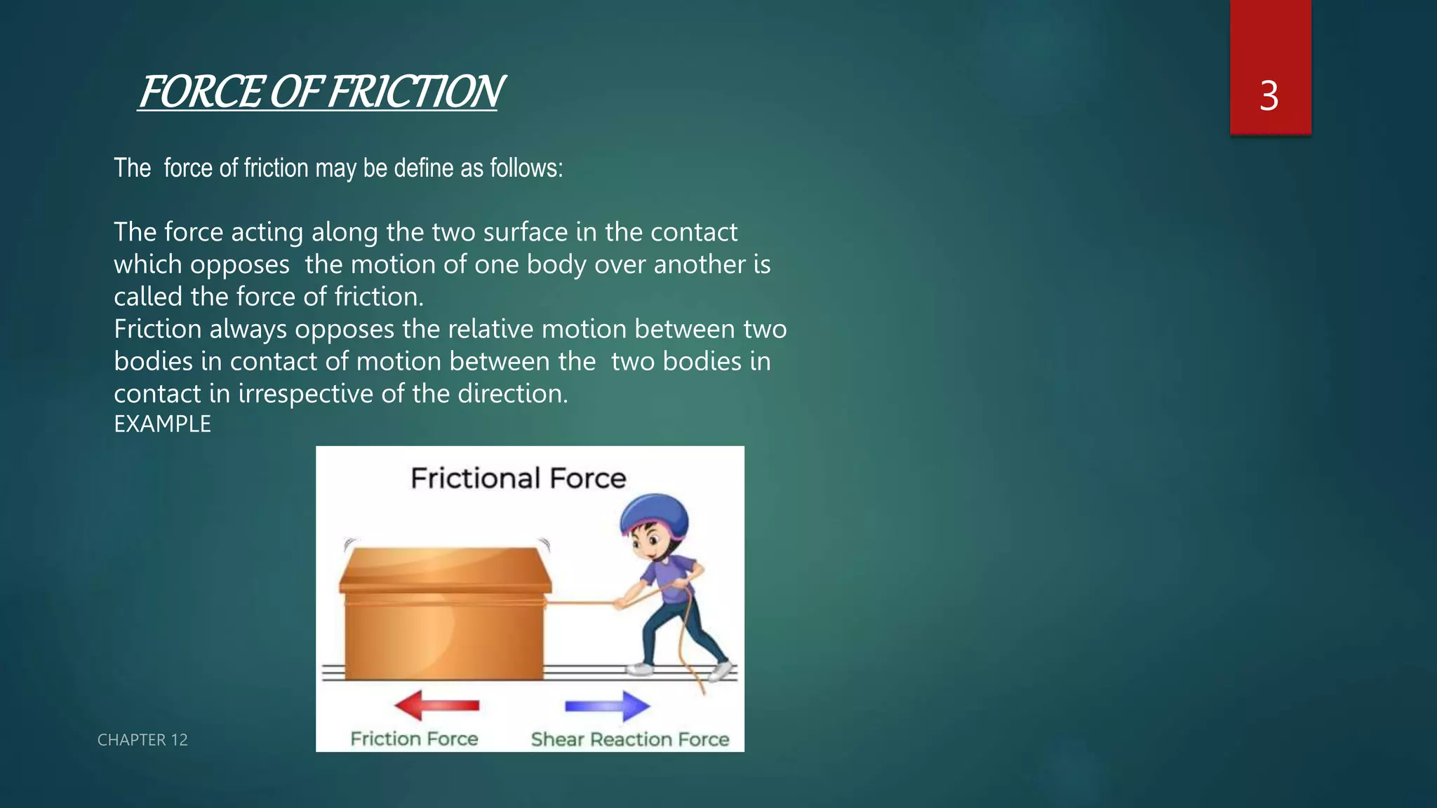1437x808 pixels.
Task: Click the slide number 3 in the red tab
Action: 1269,96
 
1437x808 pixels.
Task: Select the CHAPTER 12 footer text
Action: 142,740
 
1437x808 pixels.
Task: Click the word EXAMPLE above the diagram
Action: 162,424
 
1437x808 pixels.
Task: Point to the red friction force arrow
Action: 436,705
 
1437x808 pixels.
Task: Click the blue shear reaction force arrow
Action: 608,706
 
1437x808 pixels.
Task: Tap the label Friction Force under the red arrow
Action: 414,739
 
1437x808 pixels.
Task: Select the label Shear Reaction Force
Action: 629,739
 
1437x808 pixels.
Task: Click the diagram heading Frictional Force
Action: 518,478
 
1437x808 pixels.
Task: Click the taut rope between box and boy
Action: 579,602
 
